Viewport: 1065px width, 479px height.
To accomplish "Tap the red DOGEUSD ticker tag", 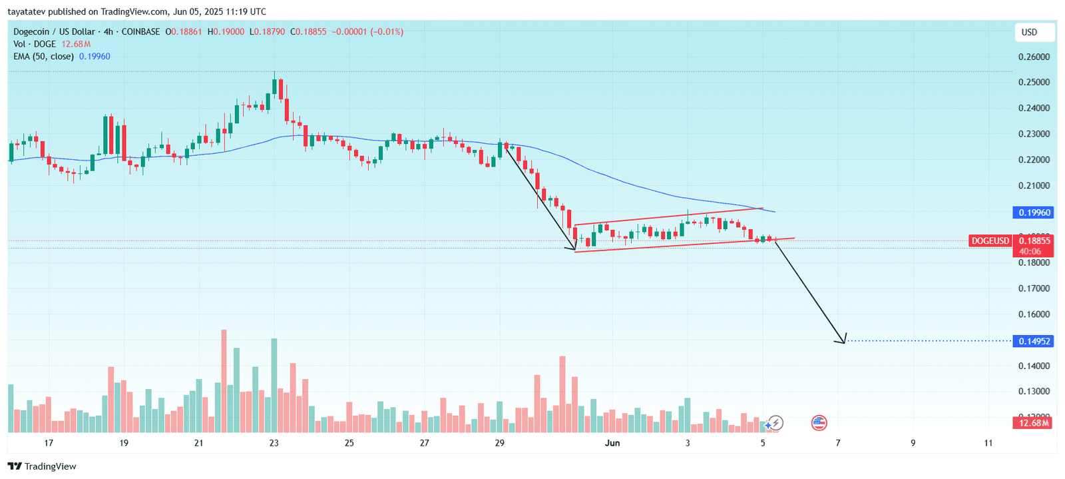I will coord(990,240).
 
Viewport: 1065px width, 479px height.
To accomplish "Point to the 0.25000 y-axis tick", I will coord(1034,83).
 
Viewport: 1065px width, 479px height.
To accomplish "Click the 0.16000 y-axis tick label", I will coord(1034,314).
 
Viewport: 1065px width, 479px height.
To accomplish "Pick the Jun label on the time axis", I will coord(612,443).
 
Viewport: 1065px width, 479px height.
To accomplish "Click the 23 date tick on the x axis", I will coord(274,443).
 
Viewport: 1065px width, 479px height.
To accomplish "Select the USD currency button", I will coord(1030,32).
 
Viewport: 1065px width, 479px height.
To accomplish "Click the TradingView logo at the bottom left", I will coord(42,466).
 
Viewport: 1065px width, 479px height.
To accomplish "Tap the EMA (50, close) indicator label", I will coord(43,57).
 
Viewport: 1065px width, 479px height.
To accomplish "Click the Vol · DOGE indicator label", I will coord(35,44).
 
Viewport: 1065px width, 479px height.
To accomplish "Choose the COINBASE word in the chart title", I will coord(140,31).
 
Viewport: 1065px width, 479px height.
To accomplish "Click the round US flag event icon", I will coord(819,422).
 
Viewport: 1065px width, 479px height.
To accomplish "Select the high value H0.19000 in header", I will coord(226,31).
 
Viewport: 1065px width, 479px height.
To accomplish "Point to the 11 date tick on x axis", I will coord(988,443).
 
